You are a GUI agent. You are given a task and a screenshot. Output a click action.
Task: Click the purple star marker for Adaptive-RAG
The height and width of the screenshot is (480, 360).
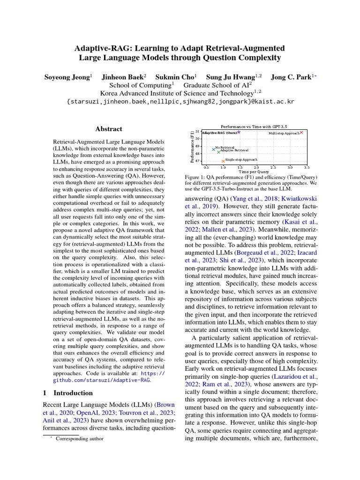click(x=239, y=132)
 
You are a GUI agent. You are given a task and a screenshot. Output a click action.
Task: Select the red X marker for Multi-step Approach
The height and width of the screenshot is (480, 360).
click(x=301, y=133)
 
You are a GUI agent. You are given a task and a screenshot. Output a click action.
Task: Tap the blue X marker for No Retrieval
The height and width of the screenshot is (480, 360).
click(x=213, y=150)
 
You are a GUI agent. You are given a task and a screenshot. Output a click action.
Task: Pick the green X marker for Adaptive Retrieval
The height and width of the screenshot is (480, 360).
click(x=218, y=152)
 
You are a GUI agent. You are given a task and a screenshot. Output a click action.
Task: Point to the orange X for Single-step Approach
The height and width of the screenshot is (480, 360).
click(x=223, y=161)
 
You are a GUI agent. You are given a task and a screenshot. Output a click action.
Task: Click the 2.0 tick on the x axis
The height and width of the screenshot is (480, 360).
click(x=256, y=167)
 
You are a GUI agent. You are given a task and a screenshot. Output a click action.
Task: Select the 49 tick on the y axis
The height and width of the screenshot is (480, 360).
click(x=197, y=146)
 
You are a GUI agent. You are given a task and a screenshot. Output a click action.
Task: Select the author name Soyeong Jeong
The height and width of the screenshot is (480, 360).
click(x=67, y=76)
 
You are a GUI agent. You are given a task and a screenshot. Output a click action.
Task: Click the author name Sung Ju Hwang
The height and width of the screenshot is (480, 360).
click(x=237, y=76)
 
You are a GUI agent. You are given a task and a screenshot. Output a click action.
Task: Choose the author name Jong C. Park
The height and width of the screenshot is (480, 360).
click(x=289, y=76)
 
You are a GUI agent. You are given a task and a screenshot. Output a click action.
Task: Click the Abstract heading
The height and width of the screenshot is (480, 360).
click(x=109, y=129)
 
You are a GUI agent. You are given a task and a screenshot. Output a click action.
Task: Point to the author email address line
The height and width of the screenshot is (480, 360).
click(x=180, y=102)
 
